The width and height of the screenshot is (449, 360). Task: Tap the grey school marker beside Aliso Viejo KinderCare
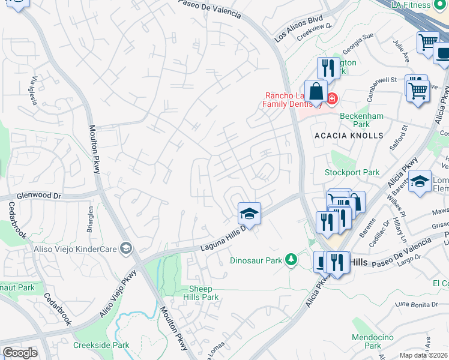pos(125,248)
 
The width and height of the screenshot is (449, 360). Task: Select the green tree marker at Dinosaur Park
pos(291,259)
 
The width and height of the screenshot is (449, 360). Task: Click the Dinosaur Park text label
pos(256,261)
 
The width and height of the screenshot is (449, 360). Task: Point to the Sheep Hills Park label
pos(200,293)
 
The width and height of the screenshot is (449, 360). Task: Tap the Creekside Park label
pos(101,345)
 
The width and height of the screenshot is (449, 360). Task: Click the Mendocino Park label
pos(367,341)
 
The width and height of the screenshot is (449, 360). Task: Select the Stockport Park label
pos(352,173)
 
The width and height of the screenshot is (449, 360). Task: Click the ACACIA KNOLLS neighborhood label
pos(349,136)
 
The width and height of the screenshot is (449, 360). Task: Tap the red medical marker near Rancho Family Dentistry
pos(331,97)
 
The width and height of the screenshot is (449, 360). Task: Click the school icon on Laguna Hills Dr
pos(249,212)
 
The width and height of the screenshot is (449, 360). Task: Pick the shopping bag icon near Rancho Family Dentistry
pos(316,92)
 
